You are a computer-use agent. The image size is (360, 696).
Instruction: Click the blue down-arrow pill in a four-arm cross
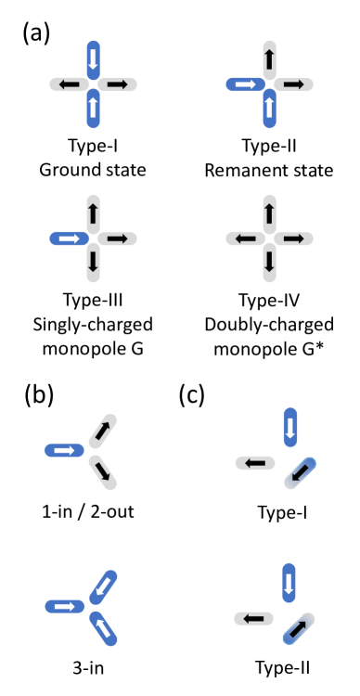[x=93, y=59]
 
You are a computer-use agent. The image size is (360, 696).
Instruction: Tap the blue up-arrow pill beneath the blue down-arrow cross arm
[x=93, y=110]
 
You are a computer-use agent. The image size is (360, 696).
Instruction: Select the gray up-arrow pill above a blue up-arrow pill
[x=269, y=59]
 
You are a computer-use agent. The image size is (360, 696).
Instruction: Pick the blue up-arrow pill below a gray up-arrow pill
[x=269, y=110]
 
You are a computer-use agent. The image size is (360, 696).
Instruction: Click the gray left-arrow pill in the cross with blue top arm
[x=69, y=84]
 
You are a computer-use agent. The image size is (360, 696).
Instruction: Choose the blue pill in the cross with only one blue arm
[x=69, y=238]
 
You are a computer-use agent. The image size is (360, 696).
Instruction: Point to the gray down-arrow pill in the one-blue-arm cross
[x=93, y=263]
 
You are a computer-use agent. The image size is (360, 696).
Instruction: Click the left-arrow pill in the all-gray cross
[x=245, y=238]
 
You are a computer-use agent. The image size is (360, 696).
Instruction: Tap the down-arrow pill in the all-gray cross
[x=269, y=263]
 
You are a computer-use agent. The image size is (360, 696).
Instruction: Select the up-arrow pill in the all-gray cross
[x=269, y=214]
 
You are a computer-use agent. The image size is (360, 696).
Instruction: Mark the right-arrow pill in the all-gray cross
[x=293, y=238]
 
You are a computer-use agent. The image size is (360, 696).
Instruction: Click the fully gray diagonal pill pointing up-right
[x=103, y=431]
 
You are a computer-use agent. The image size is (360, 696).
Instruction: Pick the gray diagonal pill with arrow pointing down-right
[x=103, y=471]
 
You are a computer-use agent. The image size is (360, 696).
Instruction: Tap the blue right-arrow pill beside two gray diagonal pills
[x=64, y=450]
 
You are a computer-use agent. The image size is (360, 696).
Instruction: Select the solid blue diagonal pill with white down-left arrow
[x=103, y=586]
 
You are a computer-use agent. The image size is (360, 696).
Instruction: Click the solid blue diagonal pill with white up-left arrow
[x=103, y=627]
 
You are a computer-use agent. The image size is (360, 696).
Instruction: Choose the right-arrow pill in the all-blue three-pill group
[x=64, y=606]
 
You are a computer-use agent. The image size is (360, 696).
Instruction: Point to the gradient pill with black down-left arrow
[x=300, y=472]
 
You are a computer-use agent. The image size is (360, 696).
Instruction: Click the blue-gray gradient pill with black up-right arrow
[x=298, y=628]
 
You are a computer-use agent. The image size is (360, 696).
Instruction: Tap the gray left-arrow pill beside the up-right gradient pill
[x=253, y=618]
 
